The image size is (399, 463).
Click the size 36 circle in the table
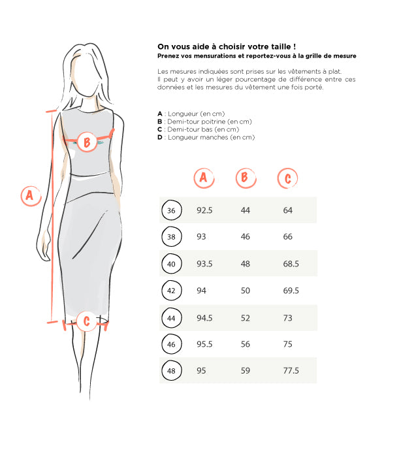(x=171, y=210)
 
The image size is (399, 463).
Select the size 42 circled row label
(x=171, y=291)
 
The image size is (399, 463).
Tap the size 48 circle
(x=171, y=370)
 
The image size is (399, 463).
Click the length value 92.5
(x=204, y=210)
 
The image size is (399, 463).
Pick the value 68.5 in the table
(x=291, y=264)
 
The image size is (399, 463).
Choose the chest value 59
(x=245, y=370)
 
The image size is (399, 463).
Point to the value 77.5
(x=291, y=370)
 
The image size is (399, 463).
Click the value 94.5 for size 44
(x=204, y=318)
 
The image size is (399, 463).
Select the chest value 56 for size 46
(x=245, y=344)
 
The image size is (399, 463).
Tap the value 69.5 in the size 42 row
(x=291, y=291)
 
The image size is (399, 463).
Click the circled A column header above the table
(x=204, y=178)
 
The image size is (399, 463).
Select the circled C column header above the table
(x=287, y=178)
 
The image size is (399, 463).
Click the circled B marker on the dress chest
(x=87, y=142)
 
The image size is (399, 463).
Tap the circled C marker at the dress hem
(x=86, y=321)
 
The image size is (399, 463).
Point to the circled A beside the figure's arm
(x=31, y=196)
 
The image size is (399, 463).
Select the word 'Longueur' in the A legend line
(x=183, y=114)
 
